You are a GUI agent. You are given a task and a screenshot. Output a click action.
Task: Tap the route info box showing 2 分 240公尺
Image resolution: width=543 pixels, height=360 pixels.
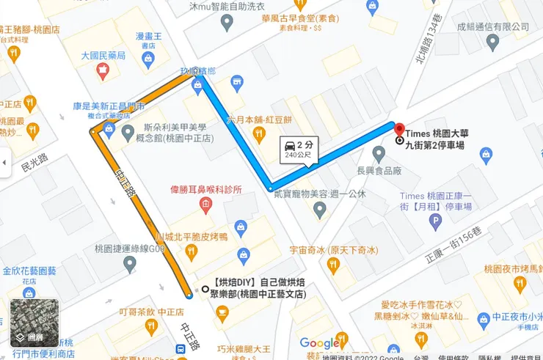[298, 149]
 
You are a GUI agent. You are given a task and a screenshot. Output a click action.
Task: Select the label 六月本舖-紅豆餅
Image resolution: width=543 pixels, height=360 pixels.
[259, 119]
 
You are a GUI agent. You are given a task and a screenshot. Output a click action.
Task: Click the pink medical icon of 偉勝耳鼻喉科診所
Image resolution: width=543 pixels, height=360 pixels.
[205, 206]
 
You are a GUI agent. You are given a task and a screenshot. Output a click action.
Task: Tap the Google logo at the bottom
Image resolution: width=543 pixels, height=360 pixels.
[319, 343]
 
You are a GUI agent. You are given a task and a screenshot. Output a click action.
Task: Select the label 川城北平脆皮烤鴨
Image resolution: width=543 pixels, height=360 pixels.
[192, 237]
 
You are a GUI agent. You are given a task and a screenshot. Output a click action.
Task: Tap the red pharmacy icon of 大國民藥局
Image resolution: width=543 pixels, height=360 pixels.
[103, 70]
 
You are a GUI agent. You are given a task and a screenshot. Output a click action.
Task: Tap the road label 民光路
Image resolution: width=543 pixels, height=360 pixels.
[34, 162]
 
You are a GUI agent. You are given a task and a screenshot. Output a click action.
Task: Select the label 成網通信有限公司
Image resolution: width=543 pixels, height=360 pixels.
[493, 26]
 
